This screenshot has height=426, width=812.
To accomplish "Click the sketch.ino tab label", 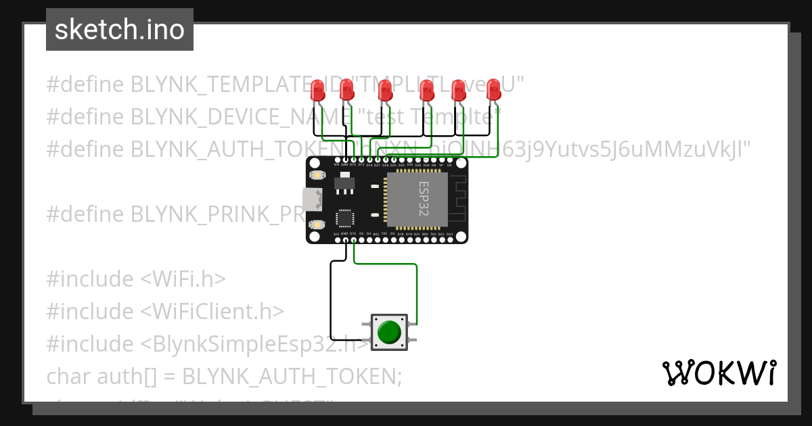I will pos(120,30).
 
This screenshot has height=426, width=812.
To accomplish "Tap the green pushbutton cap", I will pos(389,332).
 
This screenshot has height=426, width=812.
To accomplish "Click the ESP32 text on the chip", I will pos(423,197).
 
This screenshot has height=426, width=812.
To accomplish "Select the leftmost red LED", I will pos(317,90).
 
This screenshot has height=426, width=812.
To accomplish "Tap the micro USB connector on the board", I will pos(312,199).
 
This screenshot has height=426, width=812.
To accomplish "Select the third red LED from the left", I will pos(385,90).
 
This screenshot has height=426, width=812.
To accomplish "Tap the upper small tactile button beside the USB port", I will pos(316,175).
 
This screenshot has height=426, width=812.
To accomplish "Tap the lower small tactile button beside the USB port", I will pos(316,224).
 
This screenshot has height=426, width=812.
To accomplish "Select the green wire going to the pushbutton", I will pos(416,291).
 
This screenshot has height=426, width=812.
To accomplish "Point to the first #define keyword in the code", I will pos(85,85).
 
